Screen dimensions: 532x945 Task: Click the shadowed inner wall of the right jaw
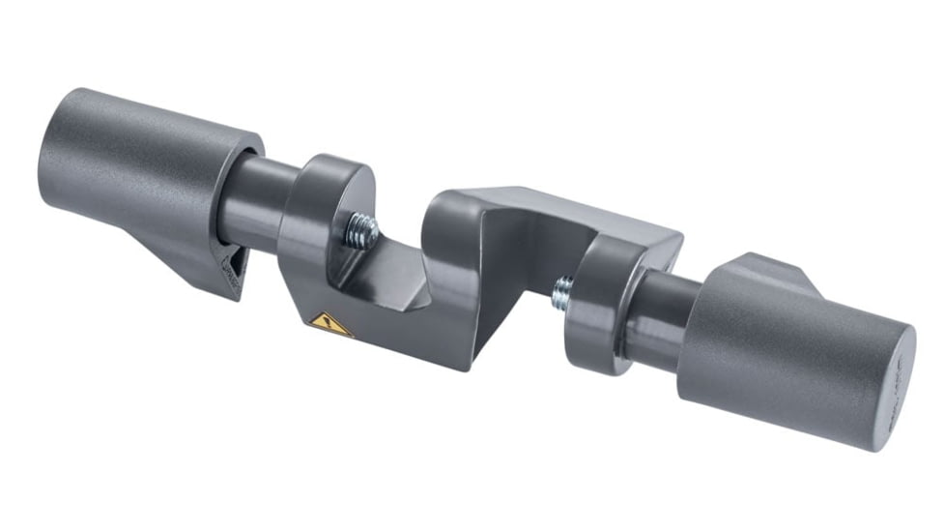[x=522, y=251]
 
